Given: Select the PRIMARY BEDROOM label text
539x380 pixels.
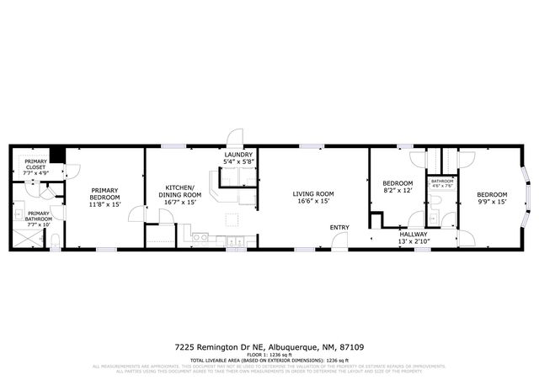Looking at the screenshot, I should [105, 197].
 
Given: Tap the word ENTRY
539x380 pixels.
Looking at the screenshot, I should [339, 227].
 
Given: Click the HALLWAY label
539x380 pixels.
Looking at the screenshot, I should [413, 235].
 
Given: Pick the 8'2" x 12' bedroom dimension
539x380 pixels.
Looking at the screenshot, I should [398, 191].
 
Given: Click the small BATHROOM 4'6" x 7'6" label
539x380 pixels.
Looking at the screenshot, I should [442, 184].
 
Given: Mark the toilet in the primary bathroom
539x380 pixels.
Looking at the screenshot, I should [54, 243].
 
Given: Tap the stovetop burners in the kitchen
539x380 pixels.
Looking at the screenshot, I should [201, 238].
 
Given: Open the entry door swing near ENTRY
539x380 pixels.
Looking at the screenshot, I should [339, 241].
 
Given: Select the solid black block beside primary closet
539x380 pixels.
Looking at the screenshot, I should [57, 156].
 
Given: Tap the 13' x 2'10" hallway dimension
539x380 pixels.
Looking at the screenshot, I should [413, 242].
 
